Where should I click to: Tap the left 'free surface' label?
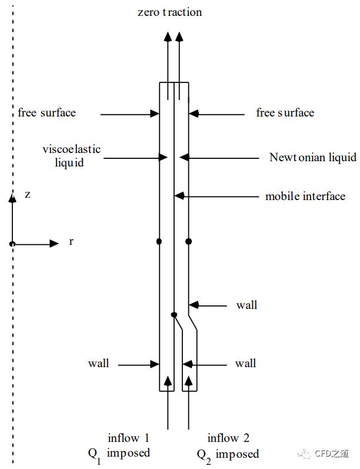(47, 112)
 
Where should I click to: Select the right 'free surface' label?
(285, 112)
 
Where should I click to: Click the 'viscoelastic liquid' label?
(72, 155)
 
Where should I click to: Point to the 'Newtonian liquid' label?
(312, 157)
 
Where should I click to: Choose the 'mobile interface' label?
(305, 196)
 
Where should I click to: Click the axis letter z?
(28, 195)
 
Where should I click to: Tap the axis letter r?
(71, 242)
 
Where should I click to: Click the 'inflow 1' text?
(128, 438)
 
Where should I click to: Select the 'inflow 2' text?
(229, 438)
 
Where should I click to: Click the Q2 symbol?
(202, 454)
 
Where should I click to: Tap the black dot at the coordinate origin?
(12, 244)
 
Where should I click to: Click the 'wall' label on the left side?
(98, 363)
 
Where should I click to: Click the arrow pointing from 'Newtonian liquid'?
(218, 157)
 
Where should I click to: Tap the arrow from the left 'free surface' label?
(129, 114)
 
